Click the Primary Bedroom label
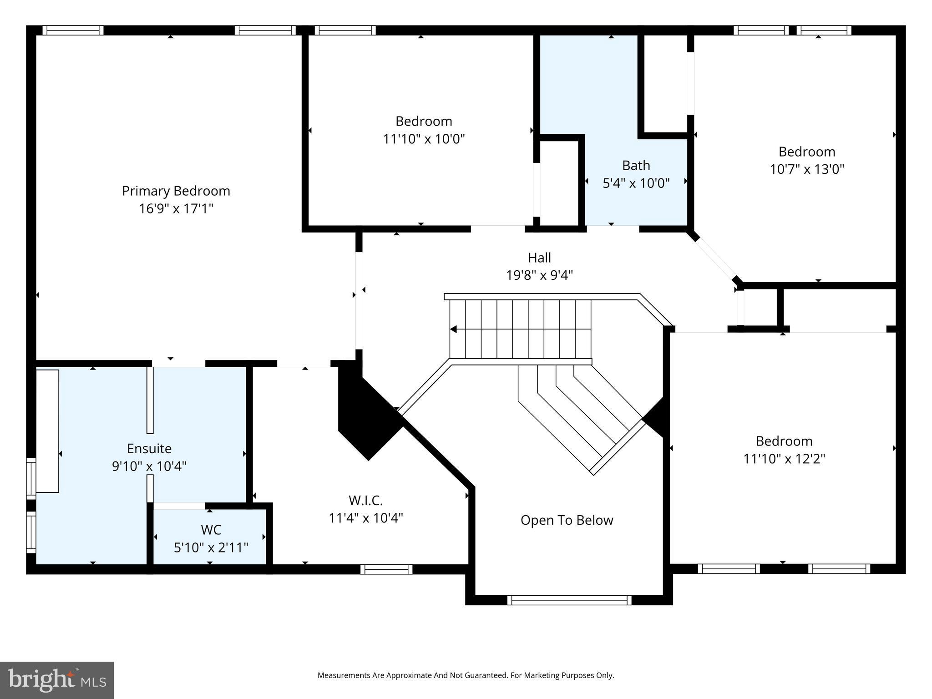(x=176, y=191)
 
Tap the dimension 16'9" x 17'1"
(x=176, y=208)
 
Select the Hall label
(x=539, y=258)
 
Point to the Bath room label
(x=636, y=165)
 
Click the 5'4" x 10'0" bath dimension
(x=636, y=183)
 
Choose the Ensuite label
(x=149, y=448)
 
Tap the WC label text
(x=211, y=530)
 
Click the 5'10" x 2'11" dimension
(x=211, y=547)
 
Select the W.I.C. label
(x=365, y=500)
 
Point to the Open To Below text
(x=567, y=520)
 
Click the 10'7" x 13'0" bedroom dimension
(x=806, y=169)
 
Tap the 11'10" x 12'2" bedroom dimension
(x=784, y=458)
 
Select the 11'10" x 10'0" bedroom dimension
(x=424, y=139)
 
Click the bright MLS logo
(x=56, y=680)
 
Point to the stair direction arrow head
(x=453, y=329)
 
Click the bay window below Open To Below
(x=569, y=600)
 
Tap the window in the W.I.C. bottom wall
(x=386, y=569)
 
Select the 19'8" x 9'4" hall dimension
(x=539, y=275)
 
